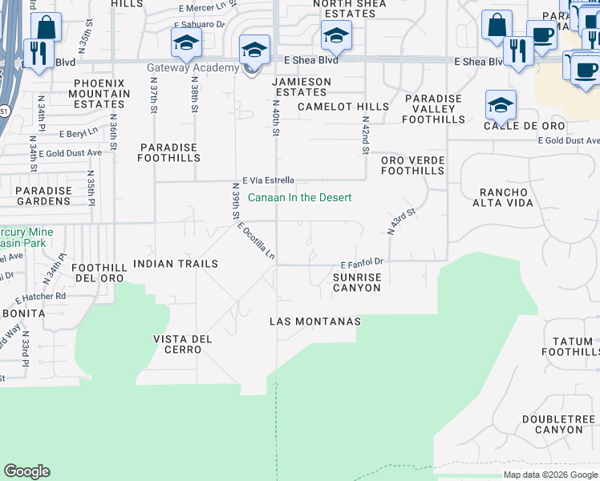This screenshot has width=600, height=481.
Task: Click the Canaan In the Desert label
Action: (300, 198)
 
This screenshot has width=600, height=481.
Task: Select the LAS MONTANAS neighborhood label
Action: (314, 321)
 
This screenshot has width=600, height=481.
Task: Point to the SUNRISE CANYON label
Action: (357, 282)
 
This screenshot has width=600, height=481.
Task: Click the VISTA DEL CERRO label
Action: (183, 345)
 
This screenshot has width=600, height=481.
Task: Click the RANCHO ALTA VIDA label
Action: (506, 198)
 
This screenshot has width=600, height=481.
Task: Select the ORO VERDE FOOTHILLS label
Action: (412, 165)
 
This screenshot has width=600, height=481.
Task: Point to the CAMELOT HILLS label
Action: (343, 107)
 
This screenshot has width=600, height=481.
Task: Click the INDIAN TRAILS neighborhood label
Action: (176, 264)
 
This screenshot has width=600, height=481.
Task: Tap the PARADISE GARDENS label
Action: (44, 196)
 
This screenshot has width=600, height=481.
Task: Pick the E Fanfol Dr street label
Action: (363, 262)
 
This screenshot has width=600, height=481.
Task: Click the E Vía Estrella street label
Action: (269, 180)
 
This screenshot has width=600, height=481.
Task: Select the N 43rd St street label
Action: (403, 221)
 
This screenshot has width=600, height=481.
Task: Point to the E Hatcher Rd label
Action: (43, 296)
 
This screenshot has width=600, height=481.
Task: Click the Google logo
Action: (27, 472)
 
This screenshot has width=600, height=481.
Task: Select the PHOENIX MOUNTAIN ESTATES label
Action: (102, 94)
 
